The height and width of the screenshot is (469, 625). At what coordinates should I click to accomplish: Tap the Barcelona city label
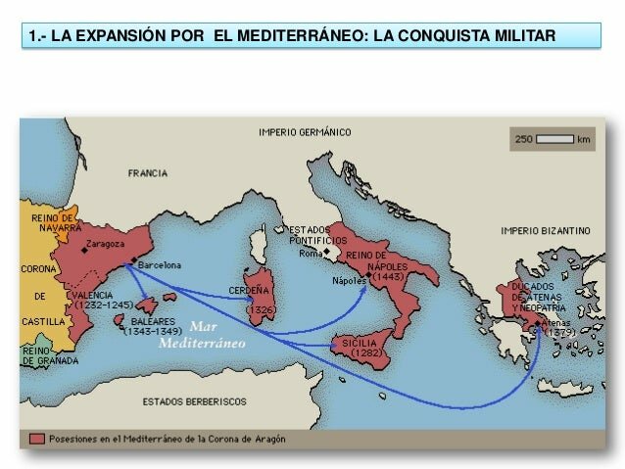tap(160, 264)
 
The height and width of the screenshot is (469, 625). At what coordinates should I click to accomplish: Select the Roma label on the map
tap(311, 253)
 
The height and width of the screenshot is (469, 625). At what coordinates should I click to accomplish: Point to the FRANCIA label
tap(147, 173)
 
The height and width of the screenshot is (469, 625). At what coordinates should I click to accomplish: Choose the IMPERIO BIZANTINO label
tap(546, 231)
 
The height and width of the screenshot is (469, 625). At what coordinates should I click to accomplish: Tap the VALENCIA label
tap(91, 294)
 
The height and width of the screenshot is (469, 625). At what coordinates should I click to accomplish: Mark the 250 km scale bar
tap(554, 140)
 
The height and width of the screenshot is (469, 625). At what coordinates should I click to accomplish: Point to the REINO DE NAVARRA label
tap(53, 222)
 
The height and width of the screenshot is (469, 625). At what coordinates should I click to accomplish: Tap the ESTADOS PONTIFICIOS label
tap(317, 234)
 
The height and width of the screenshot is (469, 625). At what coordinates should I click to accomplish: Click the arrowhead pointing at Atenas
tap(539, 330)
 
